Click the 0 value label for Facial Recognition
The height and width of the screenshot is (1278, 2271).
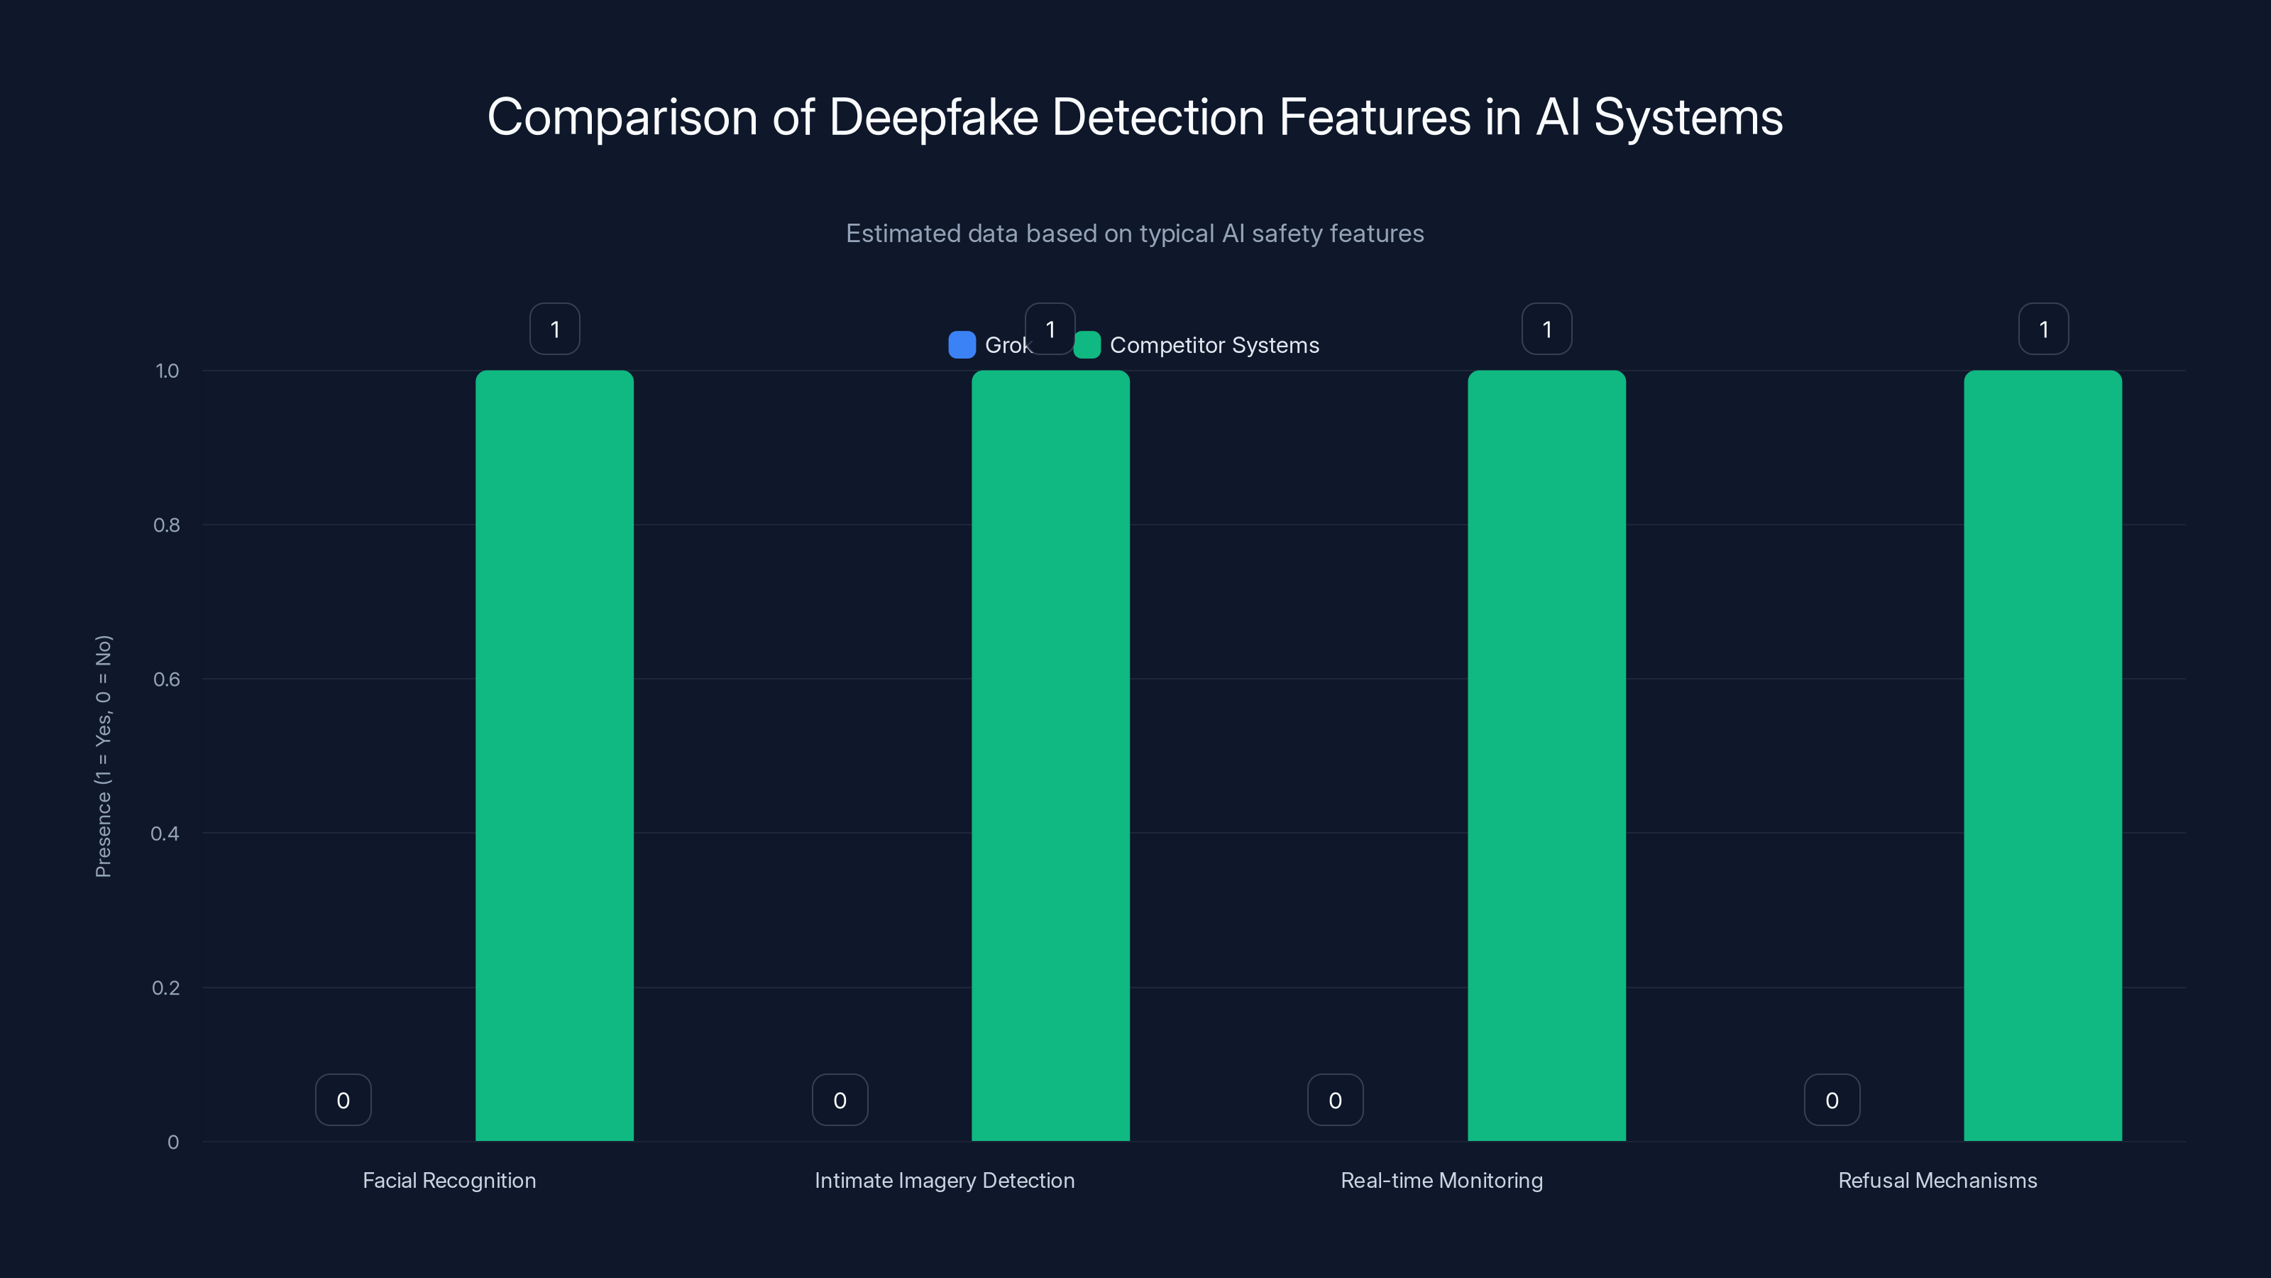tap(343, 1100)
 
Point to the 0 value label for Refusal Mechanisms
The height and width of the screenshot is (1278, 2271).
tap(1832, 1100)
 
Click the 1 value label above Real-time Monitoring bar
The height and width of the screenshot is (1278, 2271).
tap(1546, 329)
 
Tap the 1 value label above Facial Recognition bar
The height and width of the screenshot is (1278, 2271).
tap(554, 329)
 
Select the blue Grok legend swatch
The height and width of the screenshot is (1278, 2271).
tap(962, 345)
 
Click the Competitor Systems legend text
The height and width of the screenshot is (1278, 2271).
tap(1214, 345)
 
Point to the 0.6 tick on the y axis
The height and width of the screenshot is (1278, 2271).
tap(167, 679)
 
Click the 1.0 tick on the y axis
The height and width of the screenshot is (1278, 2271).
tap(167, 371)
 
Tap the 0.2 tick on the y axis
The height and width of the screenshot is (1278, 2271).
tap(166, 988)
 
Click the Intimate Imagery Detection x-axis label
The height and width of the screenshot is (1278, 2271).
tap(944, 1180)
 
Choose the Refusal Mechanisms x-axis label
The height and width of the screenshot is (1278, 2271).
tap(1937, 1180)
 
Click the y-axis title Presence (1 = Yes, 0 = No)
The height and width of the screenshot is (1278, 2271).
tap(103, 756)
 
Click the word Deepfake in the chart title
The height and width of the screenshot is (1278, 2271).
tap(934, 117)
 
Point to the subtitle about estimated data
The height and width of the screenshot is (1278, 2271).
tap(1135, 234)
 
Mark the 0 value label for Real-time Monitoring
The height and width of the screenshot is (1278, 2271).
tap(1335, 1100)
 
